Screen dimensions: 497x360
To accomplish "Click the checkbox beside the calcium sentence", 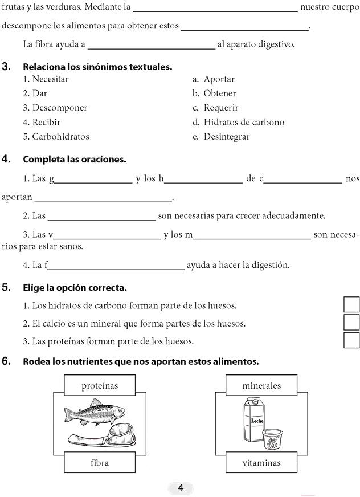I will coord(352,323).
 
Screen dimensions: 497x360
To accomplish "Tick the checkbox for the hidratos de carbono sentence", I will coord(352,305).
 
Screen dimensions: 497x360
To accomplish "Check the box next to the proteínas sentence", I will coord(352,340).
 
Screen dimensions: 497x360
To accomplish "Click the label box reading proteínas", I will coord(100,386).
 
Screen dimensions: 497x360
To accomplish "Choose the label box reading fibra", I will coord(100,463).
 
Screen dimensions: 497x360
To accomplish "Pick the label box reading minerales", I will coord(261,386).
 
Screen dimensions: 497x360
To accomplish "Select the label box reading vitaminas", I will coord(261,463).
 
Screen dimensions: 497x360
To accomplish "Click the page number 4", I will coord(181,487).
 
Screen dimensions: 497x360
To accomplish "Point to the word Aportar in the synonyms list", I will coord(219,79).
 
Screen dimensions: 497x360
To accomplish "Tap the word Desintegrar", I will coord(227,137).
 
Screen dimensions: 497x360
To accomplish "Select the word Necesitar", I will coord(50,79).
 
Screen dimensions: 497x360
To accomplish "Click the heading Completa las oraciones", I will coord(74,160).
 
